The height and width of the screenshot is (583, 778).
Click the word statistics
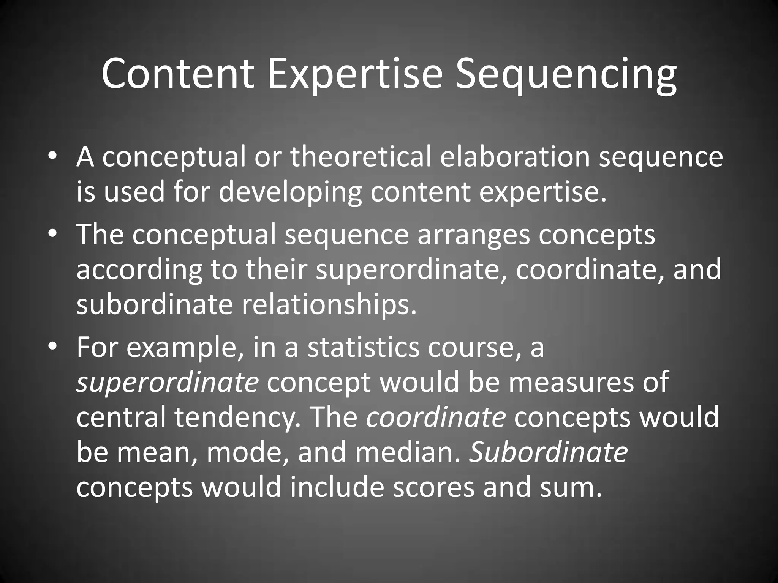coord(363,347)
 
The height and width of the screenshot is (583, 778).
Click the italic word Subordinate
coord(548,452)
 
